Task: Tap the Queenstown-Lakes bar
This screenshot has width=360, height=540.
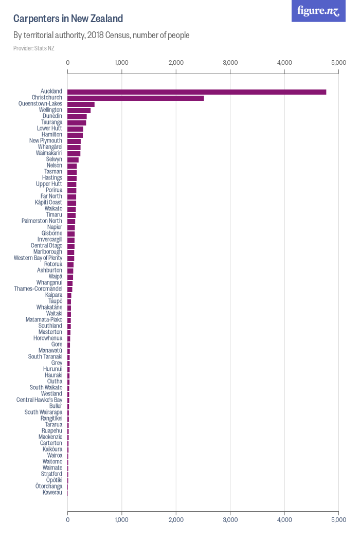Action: [81, 104]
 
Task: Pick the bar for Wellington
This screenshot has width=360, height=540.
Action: [79, 110]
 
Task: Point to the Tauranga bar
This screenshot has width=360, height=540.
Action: [77, 122]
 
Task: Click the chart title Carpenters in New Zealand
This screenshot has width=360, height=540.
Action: [68, 19]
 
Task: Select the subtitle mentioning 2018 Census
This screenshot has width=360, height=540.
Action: [101, 35]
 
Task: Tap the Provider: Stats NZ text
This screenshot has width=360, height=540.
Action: [33, 48]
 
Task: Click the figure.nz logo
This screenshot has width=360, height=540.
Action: [318, 11]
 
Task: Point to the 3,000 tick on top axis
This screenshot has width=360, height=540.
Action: [230, 63]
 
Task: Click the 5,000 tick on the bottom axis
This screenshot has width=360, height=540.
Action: [338, 519]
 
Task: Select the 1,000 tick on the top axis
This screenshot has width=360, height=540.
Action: [121, 63]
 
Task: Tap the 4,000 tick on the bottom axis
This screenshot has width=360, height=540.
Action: [284, 519]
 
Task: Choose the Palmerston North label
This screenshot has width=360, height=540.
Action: [42, 221]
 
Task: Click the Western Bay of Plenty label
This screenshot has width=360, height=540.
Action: [38, 258]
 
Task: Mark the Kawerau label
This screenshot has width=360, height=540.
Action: [52, 493]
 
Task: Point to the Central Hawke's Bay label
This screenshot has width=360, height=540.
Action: [39, 400]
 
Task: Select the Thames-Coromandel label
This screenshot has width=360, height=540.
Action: [38, 289]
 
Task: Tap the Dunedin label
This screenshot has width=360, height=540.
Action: [52, 116]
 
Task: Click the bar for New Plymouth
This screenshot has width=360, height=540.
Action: [74, 141]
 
